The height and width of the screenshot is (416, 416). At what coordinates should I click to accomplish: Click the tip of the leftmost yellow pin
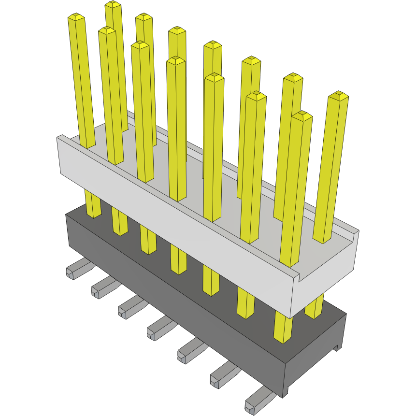76,18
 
